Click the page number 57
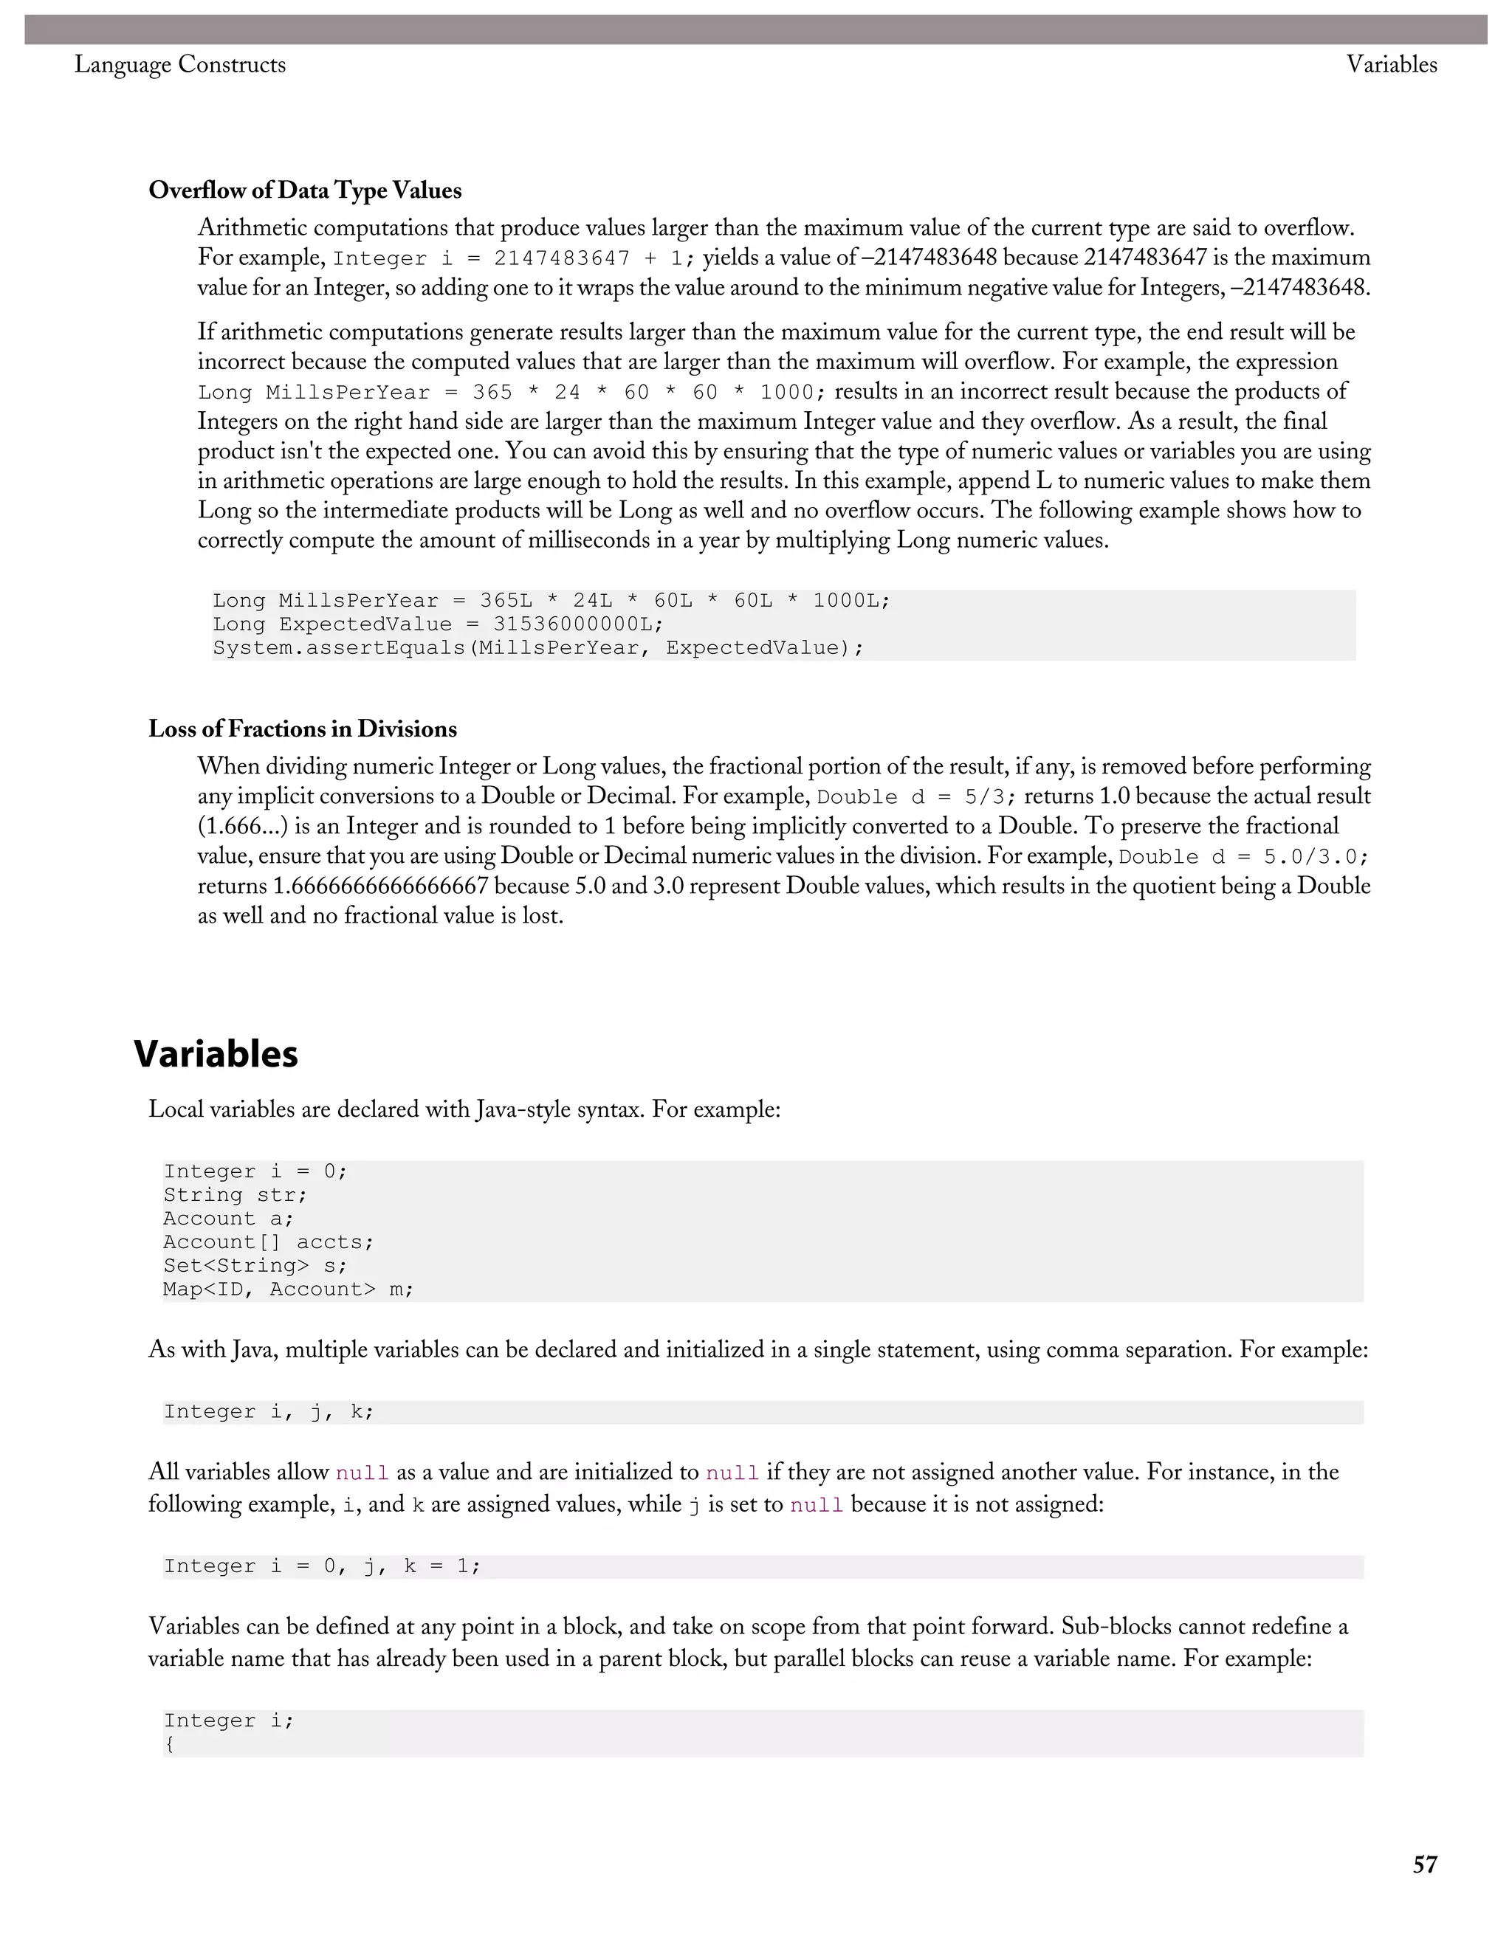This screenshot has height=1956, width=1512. click(x=1424, y=1864)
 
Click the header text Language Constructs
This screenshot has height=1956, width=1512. click(x=180, y=64)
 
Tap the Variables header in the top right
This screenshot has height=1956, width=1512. click(x=1391, y=64)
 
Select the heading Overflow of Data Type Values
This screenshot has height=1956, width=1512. click(x=306, y=190)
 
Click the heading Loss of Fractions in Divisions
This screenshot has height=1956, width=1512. click(x=303, y=729)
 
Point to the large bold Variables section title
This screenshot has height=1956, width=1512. click(x=216, y=1054)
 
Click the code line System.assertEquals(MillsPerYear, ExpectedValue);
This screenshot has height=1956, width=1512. click(x=537, y=647)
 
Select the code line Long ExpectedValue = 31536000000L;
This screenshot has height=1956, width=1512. click(x=438, y=624)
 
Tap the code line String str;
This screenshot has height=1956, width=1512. click(x=235, y=1196)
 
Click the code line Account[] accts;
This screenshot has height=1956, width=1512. click(x=268, y=1242)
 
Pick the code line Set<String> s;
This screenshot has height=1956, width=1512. click(x=255, y=1265)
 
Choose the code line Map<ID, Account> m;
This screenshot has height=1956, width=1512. click(x=287, y=1289)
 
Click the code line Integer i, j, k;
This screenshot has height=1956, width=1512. click(x=268, y=1412)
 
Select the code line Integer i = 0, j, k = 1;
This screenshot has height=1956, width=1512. click(x=322, y=1566)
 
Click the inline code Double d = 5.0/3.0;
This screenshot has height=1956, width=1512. click(x=1243, y=857)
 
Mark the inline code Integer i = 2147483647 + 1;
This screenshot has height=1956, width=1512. click(x=513, y=259)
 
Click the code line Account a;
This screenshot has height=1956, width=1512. click(x=227, y=1219)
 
